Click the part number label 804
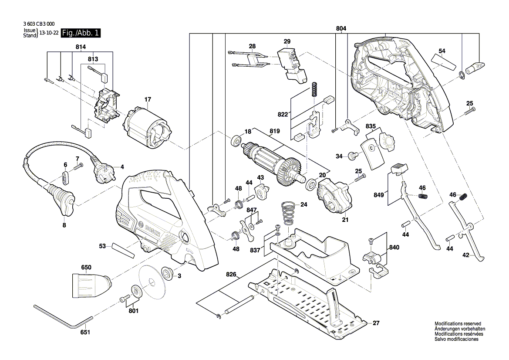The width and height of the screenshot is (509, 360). (x=341, y=29)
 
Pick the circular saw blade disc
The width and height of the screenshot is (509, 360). (x=150, y=283)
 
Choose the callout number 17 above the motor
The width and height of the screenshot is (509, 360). (x=147, y=99)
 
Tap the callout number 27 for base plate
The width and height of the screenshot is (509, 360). (x=376, y=323)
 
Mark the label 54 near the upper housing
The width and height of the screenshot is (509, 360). (x=442, y=51)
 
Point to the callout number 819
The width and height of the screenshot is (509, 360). (x=274, y=131)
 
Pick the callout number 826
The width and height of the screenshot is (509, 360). (x=231, y=275)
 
